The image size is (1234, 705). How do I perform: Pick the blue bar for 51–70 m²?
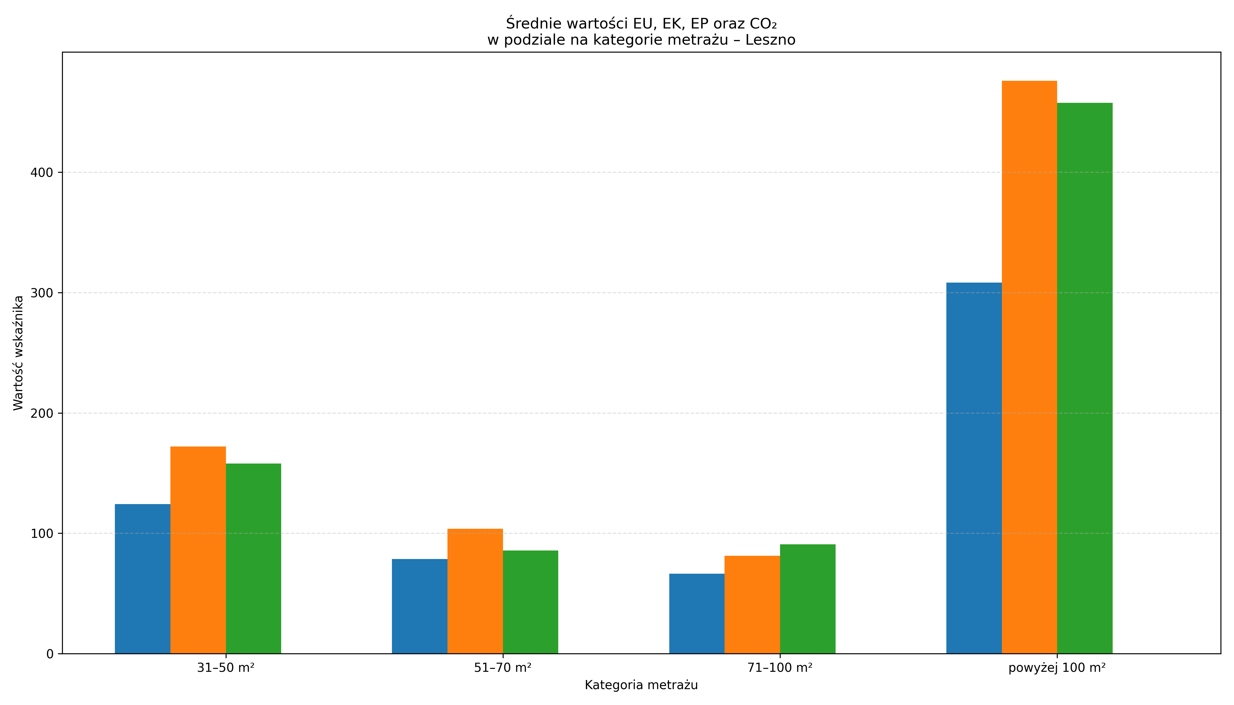coord(419,606)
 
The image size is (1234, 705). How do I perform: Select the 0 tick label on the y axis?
coord(50,654)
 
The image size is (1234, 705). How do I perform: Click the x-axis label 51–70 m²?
coord(503,668)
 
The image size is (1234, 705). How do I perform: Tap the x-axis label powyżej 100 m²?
coord(1057,668)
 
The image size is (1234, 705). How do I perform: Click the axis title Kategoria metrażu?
coord(641,685)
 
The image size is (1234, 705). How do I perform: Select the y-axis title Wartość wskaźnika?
coord(19,353)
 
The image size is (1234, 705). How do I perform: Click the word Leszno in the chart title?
coord(771,40)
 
